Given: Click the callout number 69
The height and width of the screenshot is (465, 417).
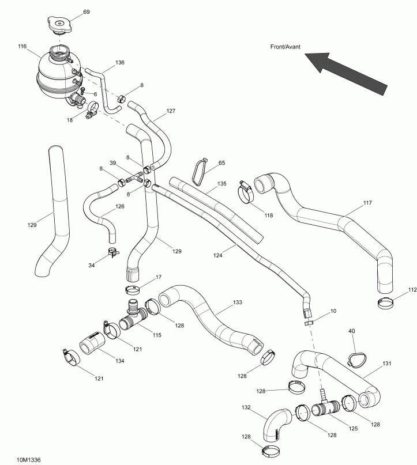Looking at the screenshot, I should coord(87,12).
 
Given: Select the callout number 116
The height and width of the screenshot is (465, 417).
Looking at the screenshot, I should coord(22,46).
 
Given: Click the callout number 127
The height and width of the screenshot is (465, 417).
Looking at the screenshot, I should coord(171,111).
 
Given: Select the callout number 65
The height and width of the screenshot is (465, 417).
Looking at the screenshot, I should coord(222,164).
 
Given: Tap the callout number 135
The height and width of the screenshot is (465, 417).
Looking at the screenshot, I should coord(222,184).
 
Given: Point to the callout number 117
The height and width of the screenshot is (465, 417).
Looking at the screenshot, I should coord(367,203).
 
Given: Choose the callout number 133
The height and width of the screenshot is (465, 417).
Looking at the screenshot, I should coord(237,302).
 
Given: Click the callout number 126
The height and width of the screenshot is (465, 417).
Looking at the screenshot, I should coord(119,206).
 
